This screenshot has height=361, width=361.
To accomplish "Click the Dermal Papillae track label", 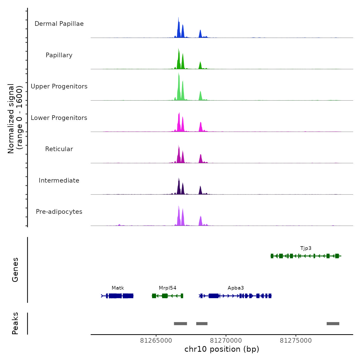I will tap(59, 24).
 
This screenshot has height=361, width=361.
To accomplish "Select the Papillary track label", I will tap(59, 55).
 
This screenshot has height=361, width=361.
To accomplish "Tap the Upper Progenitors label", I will tap(59, 86).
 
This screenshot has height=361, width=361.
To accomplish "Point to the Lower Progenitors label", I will tap(59, 118).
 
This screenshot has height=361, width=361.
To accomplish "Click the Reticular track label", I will tap(59, 149).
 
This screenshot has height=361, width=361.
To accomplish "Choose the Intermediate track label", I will tap(59, 180).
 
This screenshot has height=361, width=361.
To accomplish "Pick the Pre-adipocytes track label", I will tap(59, 212).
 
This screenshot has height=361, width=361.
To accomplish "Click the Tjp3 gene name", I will tap(306, 248).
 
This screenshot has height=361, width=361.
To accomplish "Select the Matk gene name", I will tap(118, 288).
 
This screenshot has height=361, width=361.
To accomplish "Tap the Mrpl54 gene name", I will tap(168, 288).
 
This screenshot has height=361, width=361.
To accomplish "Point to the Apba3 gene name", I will tap(236, 288).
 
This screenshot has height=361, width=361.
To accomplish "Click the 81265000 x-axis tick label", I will tap(156, 341).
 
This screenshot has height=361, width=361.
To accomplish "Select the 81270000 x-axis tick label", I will tap(226, 341).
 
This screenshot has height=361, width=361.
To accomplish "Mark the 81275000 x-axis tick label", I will tap(296, 341).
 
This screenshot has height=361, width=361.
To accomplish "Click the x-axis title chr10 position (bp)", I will tap(222, 349).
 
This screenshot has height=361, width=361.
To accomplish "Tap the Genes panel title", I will tap(15, 270).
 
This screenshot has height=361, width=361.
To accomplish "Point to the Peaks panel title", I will tap(15, 323).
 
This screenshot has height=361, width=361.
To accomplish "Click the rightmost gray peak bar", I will tap(333, 324).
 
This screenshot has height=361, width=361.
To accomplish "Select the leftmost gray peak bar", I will tap(180, 324).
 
